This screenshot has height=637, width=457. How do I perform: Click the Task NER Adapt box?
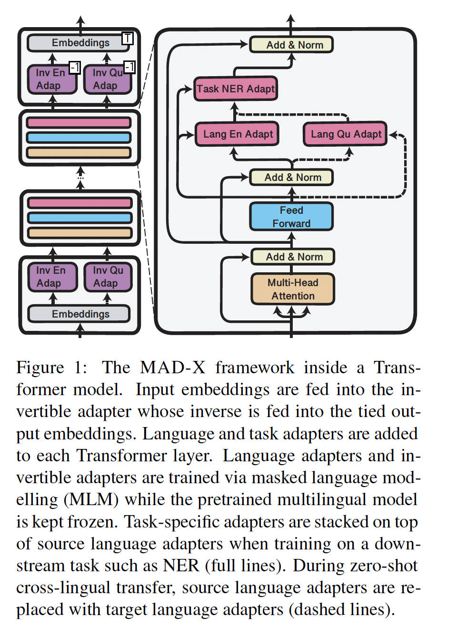click(236, 89)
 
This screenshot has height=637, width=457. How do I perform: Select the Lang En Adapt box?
click(237, 134)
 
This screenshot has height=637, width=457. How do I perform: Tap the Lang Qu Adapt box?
click(346, 134)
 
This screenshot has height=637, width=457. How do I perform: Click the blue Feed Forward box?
click(291, 217)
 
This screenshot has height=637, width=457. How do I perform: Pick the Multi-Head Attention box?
click(293, 289)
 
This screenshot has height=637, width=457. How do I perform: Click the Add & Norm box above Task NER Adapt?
click(291, 45)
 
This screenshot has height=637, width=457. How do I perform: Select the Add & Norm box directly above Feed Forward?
click(291, 177)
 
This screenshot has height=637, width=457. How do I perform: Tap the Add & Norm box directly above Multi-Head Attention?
click(293, 257)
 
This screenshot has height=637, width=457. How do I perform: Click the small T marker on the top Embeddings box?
click(127, 38)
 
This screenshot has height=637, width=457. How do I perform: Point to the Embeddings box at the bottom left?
click(79, 314)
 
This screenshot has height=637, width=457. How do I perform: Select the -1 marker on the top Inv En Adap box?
click(75, 68)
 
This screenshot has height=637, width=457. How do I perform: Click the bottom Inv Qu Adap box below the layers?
click(108, 277)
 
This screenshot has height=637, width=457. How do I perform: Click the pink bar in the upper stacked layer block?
click(79, 123)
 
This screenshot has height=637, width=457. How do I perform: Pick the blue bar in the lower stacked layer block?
click(80, 218)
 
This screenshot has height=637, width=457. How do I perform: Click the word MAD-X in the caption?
click(173, 368)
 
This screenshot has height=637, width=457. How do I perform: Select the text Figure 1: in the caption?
click(51, 368)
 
